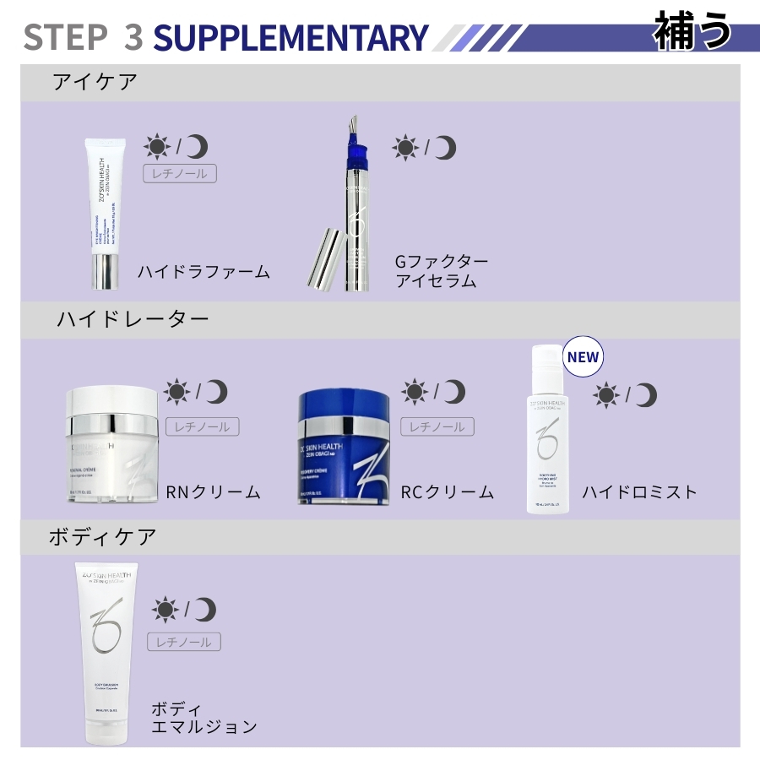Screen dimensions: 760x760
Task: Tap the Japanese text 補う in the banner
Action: [x=692, y=31]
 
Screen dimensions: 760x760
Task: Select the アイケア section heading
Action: [x=95, y=82]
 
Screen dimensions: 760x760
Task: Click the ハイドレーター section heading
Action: [x=133, y=319]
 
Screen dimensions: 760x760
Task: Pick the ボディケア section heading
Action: [x=102, y=537]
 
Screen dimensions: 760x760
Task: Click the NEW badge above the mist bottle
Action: [x=583, y=357]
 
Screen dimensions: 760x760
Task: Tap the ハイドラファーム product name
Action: [x=204, y=272]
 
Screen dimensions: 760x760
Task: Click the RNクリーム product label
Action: [x=213, y=491]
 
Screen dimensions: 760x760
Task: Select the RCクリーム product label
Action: [x=447, y=491]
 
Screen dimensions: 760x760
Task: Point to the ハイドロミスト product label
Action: [x=640, y=491]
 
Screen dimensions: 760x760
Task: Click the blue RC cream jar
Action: [x=344, y=448]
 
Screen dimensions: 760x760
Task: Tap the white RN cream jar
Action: [x=112, y=445]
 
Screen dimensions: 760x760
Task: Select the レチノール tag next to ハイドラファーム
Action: [x=179, y=174]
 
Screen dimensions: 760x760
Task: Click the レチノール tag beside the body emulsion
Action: [x=184, y=642]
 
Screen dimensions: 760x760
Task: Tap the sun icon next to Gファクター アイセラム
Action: [x=405, y=149]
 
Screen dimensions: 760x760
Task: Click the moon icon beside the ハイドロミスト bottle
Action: [x=646, y=394]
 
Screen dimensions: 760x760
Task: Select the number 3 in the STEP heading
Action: [x=133, y=38]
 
